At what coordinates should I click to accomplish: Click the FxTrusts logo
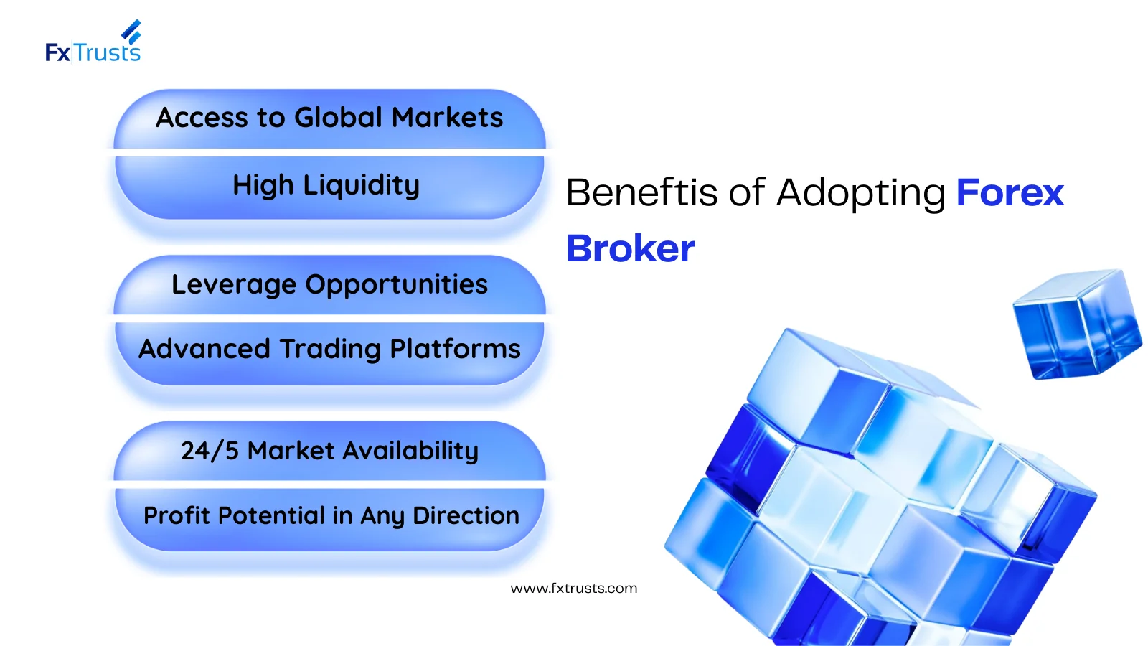click(x=93, y=42)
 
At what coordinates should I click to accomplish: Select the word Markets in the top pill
click(x=448, y=118)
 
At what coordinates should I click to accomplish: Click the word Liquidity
click(x=362, y=185)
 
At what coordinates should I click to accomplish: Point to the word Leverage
click(x=234, y=285)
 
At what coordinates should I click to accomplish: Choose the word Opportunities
click(x=397, y=285)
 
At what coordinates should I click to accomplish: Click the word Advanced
click(x=204, y=349)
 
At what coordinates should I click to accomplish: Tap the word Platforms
click(x=455, y=349)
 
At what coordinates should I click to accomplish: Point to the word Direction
click(x=466, y=516)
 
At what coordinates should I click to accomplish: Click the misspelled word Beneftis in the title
click(x=641, y=193)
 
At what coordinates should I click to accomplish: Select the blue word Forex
click(x=1010, y=193)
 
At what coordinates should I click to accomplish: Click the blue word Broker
click(x=631, y=248)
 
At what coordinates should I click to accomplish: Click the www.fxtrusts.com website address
click(x=574, y=589)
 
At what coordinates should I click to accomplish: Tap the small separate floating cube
click(x=1077, y=324)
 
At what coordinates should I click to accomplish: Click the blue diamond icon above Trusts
click(x=131, y=32)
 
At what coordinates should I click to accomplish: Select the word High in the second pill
click(x=263, y=185)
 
